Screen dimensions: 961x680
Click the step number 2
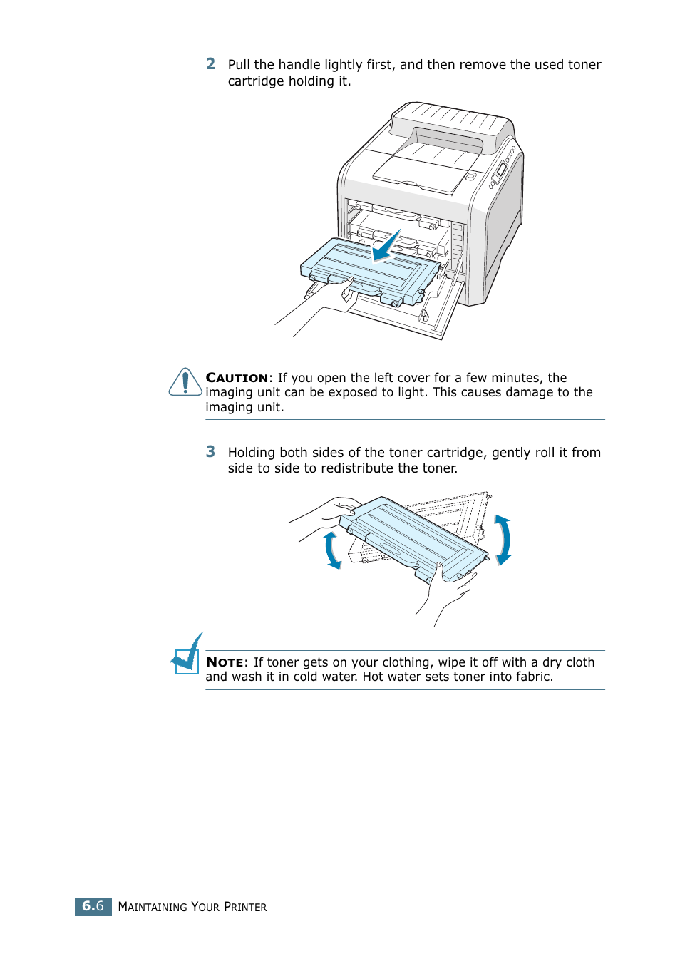[x=210, y=64]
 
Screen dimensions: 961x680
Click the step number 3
[x=210, y=451]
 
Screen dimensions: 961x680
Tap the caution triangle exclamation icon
[x=185, y=382]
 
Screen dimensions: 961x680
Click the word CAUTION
[x=237, y=378]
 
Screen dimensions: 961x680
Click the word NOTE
[x=225, y=662]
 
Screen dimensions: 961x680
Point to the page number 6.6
[x=93, y=906]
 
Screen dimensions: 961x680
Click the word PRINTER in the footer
[x=245, y=907]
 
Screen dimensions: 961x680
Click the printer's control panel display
[x=500, y=170]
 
